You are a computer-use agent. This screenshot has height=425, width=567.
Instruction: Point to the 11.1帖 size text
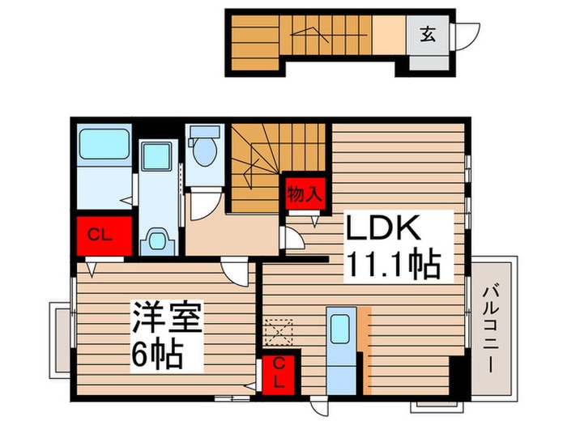click(394, 265)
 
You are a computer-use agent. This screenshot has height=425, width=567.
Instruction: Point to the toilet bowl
click(205, 150)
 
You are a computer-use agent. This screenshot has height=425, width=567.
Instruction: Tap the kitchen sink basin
click(340, 328)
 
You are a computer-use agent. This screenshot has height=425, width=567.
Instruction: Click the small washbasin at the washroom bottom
click(157, 240)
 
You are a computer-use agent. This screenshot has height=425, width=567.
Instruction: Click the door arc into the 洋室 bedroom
click(236, 272)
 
